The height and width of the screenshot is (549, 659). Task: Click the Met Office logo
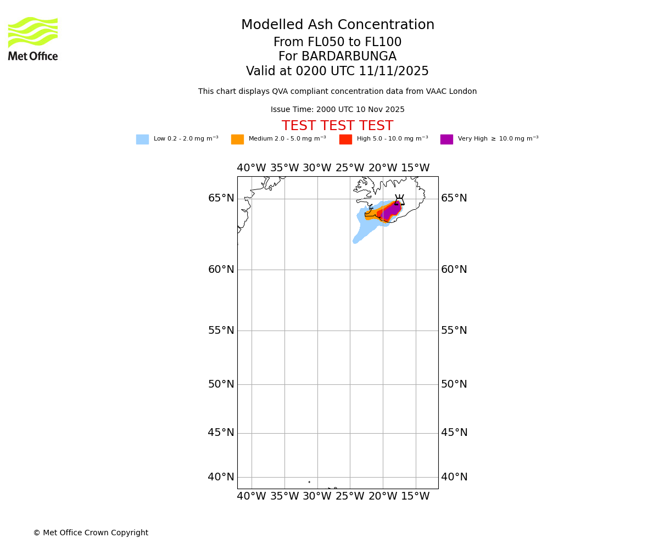tap(33, 38)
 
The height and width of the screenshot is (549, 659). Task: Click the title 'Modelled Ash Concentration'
tap(338, 25)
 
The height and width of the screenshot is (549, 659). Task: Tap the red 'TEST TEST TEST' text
tap(338, 126)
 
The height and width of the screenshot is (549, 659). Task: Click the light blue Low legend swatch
tap(142, 139)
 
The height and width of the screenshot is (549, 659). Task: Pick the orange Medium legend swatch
tap(237, 139)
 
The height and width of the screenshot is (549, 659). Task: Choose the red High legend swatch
tap(345, 139)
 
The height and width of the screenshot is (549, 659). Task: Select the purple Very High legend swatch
tap(446, 139)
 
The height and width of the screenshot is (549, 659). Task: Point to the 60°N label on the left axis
tap(221, 270)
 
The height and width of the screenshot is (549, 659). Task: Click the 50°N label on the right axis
tap(454, 384)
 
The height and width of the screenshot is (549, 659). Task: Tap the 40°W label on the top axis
tap(252, 168)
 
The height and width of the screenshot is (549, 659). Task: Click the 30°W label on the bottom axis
tap(317, 497)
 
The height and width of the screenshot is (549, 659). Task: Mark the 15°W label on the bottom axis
tap(415, 497)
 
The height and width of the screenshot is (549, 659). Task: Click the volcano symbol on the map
tap(399, 200)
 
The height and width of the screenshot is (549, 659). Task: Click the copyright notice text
tap(91, 533)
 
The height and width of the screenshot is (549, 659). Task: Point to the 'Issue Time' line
tap(338, 110)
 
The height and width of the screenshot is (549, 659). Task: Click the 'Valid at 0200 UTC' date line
tap(338, 71)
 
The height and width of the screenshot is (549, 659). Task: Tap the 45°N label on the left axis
tap(221, 433)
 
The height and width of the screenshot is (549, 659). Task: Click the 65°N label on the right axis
tap(454, 198)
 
